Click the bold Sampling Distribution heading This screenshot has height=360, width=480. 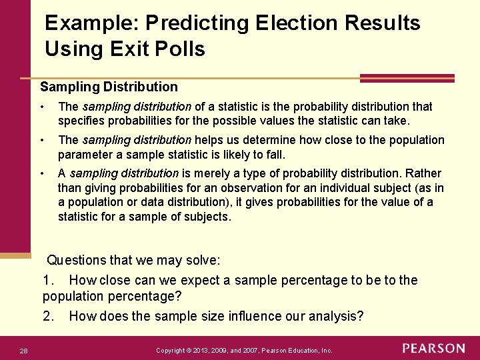[109, 87]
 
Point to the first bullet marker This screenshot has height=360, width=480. [42, 107]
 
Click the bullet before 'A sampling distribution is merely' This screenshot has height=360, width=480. [42, 173]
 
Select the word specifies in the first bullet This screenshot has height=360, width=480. [81, 121]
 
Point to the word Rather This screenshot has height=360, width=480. [425, 173]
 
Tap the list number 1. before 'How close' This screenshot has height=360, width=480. [49, 280]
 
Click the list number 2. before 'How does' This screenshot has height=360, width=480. [49, 316]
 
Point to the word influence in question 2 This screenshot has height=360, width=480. [255, 316]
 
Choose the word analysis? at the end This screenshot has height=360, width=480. [337, 316]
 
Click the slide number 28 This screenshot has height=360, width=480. [23, 350]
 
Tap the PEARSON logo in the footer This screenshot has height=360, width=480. [434, 349]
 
